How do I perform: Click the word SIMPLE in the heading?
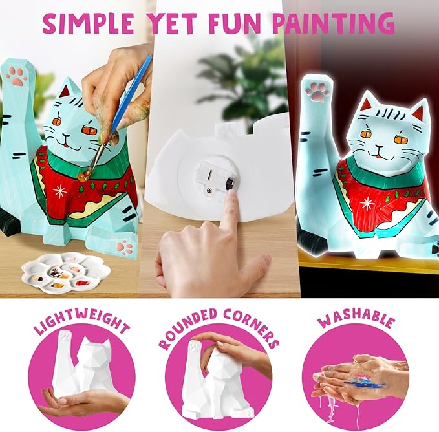(88, 23)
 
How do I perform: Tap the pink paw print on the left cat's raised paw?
(16, 76)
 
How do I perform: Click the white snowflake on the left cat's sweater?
(60, 191)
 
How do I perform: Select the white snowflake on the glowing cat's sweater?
(367, 204)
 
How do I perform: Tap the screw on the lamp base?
(209, 190)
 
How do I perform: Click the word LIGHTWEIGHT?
(82, 321)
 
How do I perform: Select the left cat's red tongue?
(65, 146)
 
